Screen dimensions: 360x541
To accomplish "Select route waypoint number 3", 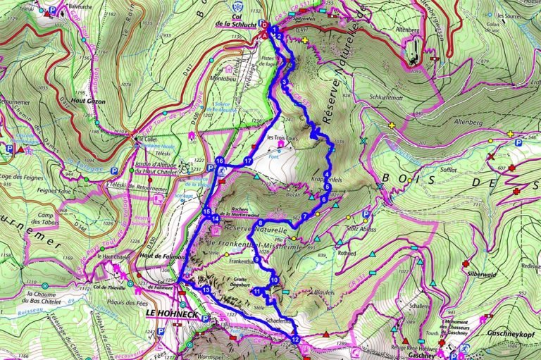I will pos(283,83).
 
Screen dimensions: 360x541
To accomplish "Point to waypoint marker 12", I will pos(295,340).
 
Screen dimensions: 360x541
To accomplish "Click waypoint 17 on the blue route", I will pos(248,162).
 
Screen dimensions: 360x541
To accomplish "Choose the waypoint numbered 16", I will pos(220,161).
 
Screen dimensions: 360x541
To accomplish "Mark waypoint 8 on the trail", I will pos(261,224).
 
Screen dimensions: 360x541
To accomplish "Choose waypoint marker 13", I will pos(206,290).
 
